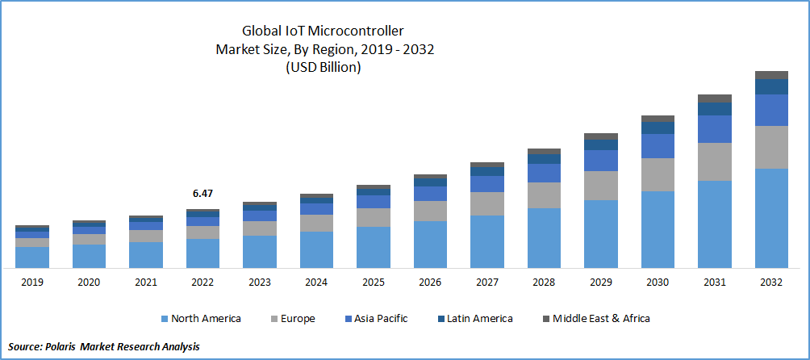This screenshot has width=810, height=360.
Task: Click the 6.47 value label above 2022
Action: click(202, 194)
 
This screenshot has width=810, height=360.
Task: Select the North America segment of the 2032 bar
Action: click(771, 218)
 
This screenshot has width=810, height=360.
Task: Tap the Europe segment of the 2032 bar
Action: click(771, 147)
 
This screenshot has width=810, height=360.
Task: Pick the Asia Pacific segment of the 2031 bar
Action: click(715, 129)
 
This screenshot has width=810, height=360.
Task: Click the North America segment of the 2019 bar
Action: click(32, 257)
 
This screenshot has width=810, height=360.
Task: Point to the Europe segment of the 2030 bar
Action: click(658, 174)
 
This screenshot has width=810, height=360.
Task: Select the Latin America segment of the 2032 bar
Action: click(771, 86)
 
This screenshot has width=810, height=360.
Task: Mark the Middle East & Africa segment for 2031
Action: click(715, 98)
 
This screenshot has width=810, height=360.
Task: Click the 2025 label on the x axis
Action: click(373, 283)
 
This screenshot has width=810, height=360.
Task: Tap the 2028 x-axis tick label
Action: click(544, 283)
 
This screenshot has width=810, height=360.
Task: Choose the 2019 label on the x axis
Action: click(32, 283)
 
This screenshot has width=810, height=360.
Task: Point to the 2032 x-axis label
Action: click(771, 283)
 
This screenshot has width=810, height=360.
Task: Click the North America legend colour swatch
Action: click(165, 319)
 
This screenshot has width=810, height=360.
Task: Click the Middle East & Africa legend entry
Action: click(597, 318)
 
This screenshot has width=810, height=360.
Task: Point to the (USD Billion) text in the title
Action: click(324, 68)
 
